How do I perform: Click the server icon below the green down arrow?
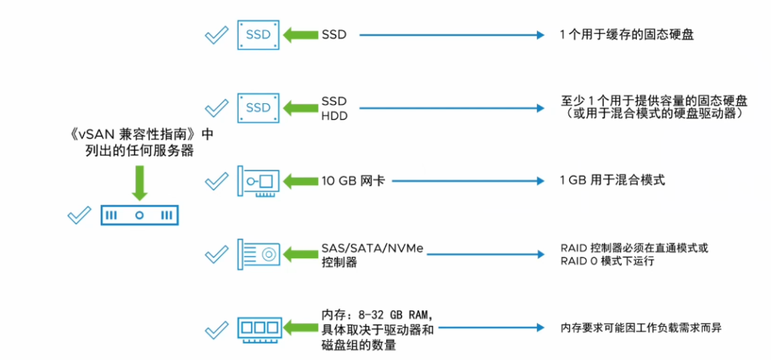pos(139,215)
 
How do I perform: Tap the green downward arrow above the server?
pos(139,182)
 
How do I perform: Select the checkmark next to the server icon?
pos(79,215)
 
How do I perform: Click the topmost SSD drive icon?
pos(258,35)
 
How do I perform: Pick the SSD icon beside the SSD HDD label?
pos(258,107)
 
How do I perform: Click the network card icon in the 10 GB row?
pos(258,182)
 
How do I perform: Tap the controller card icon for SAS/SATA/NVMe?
pos(258,255)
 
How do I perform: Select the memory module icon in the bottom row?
pos(258,328)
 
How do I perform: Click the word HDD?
pos(334,114)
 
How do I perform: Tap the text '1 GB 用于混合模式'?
pos(612,182)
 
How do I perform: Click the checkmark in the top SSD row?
pos(217,35)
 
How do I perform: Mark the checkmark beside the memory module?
pos(217,328)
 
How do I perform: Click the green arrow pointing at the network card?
pos(300,182)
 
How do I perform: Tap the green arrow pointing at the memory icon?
pos(300,328)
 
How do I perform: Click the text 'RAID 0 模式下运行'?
pos(607,261)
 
